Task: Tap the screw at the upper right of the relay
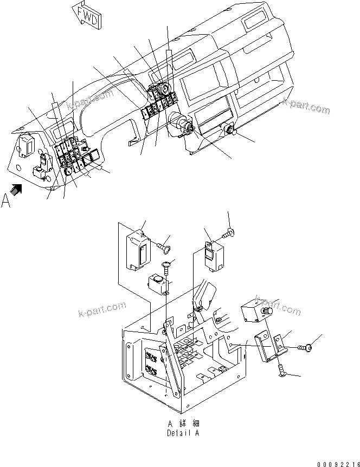tap(228, 233)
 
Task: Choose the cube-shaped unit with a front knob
tap(254, 312)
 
